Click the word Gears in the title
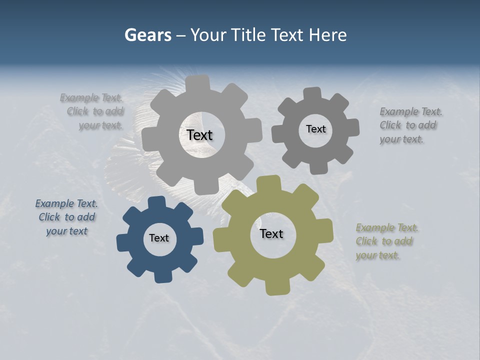pos(147,35)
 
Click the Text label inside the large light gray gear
pos(199,135)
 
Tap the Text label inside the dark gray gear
pos(315,129)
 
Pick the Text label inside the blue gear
pos(159,238)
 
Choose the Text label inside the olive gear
pos(271,233)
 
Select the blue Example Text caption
pos(66,217)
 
